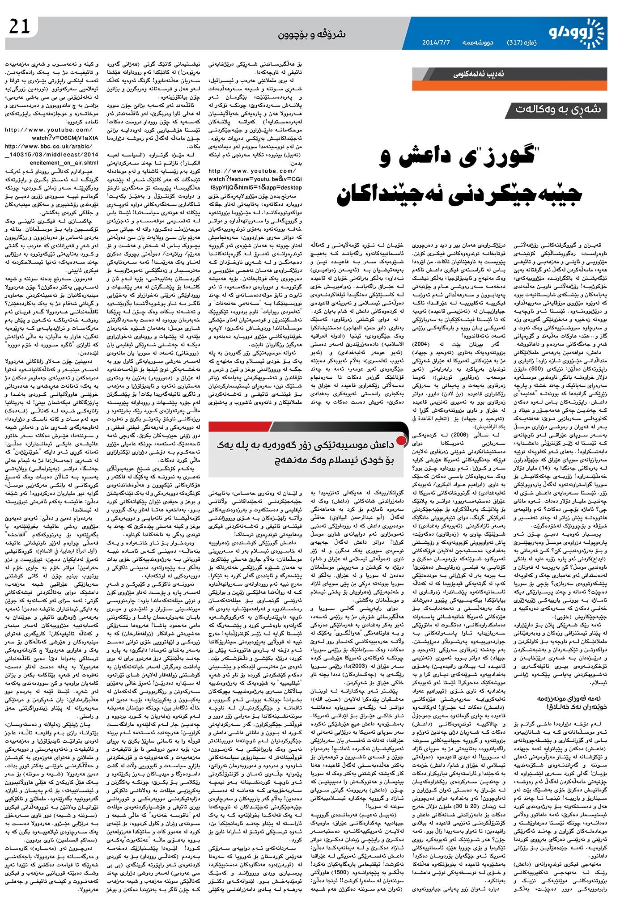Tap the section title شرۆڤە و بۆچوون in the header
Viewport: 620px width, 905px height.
click(309, 34)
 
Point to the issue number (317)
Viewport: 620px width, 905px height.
click(518, 43)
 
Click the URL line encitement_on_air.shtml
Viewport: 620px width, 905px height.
click(51, 163)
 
